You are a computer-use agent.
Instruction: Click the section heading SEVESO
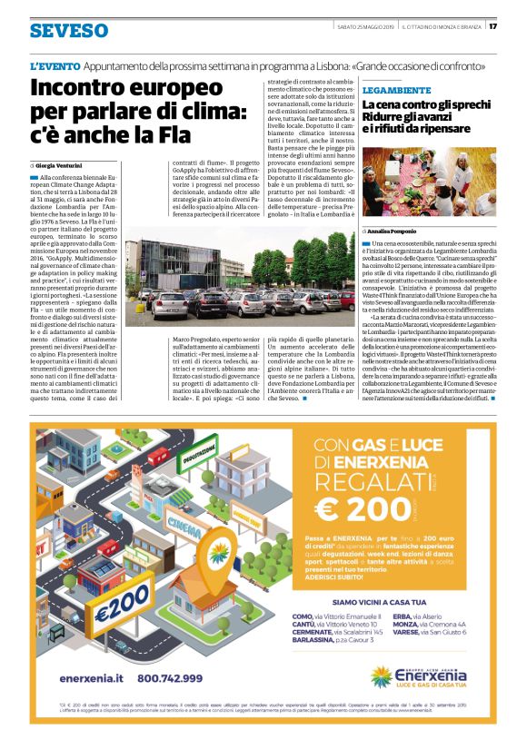point(68,31)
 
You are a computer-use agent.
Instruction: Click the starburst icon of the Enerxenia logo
point(383,676)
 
